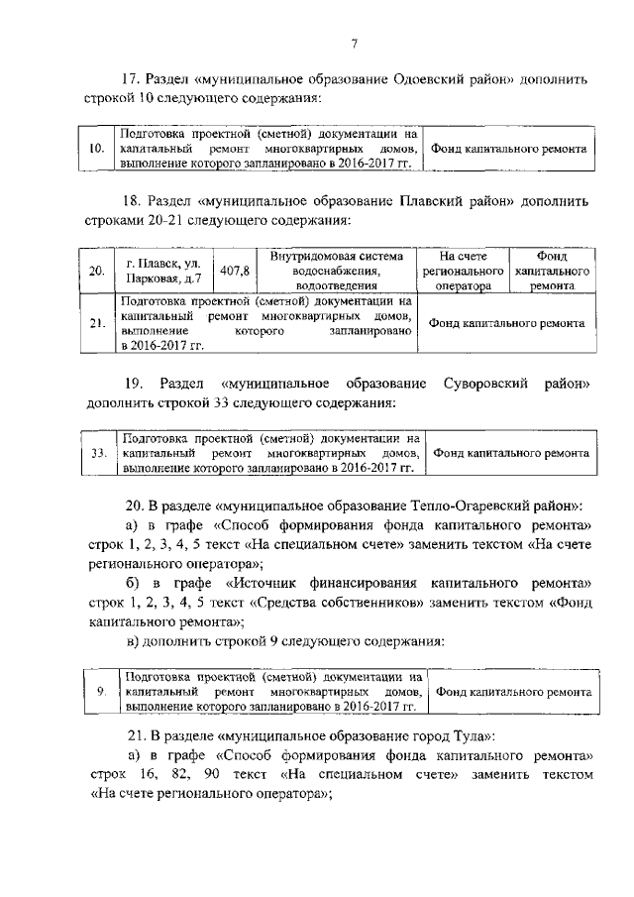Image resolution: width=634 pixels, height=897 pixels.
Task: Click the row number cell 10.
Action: (96, 148)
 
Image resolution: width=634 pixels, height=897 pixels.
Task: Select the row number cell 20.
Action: (96, 271)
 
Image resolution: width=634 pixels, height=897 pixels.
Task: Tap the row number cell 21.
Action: (96, 323)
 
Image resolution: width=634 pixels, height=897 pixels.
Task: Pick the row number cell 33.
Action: (96, 453)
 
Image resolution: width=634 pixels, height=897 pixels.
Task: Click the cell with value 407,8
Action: (235, 271)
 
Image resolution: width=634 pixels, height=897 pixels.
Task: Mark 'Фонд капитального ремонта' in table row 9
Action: (514, 691)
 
